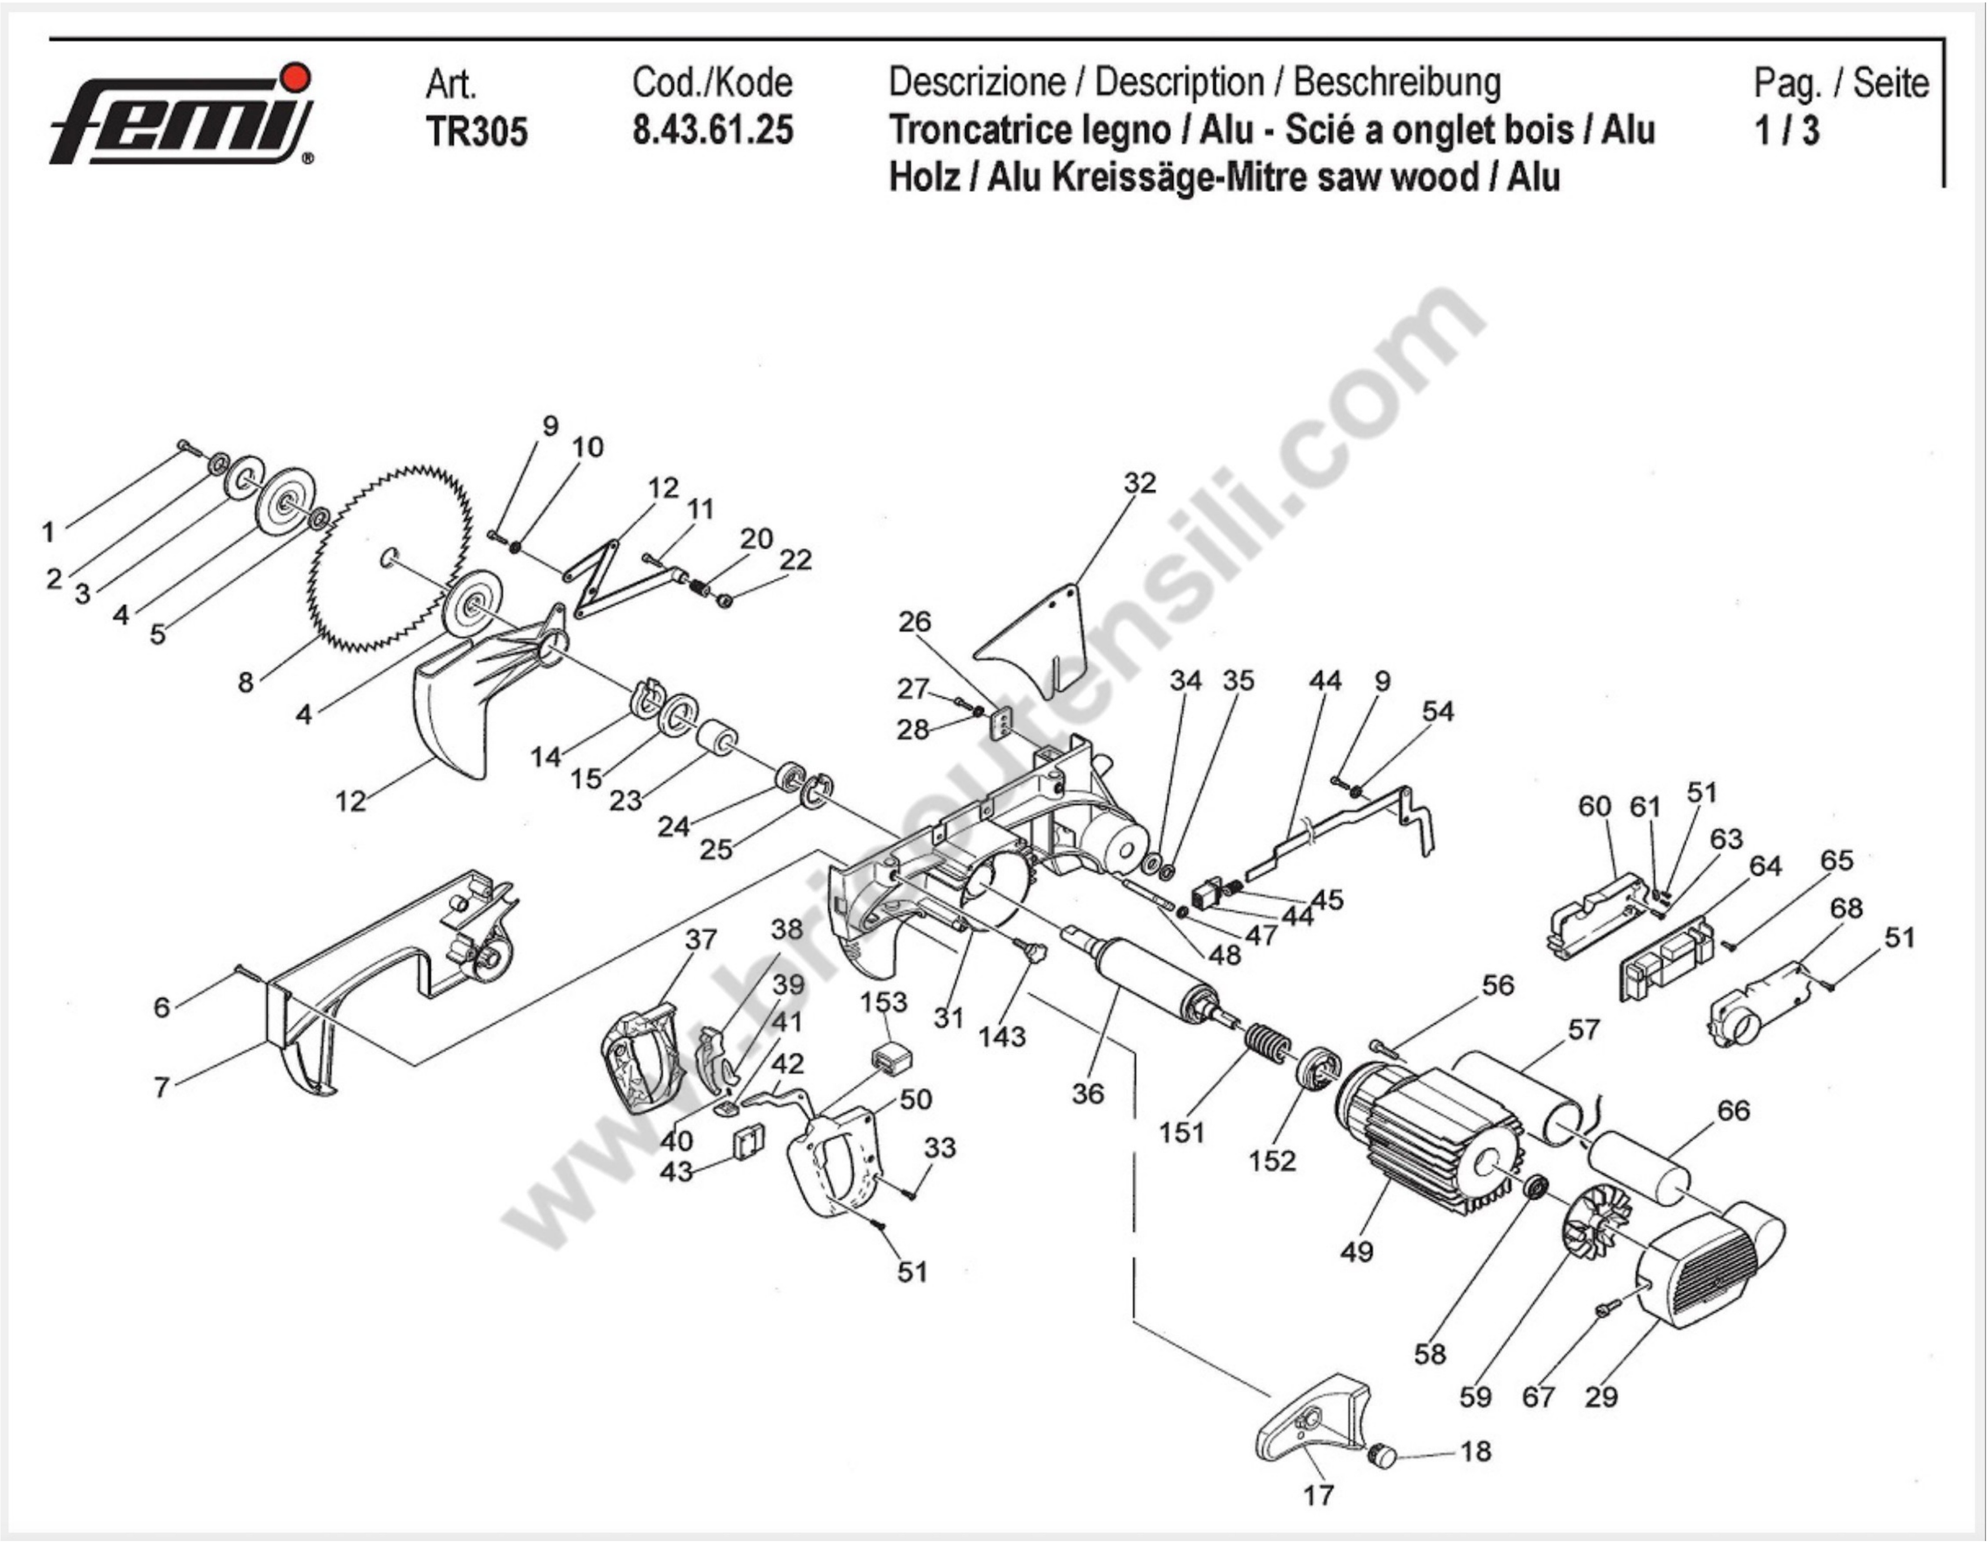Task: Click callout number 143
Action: pos(1001,1036)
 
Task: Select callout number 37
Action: pos(701,938)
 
